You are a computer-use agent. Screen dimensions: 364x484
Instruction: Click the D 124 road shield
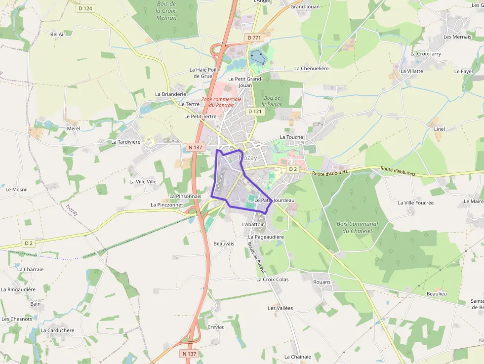[x=85, y=8]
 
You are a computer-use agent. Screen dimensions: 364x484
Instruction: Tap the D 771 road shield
[x=254, y=38]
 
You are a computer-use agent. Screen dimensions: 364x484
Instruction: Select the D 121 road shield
[x=254, y=111]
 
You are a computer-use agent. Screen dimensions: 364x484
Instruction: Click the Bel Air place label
[x=58, y=34]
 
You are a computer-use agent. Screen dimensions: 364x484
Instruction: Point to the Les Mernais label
[x=457, y=37]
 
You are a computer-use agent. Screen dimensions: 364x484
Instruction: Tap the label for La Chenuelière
[x=311, y=69]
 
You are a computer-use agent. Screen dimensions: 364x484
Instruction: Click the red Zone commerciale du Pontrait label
[x=221, y=102]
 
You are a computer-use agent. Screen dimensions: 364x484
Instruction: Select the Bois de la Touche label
[x=272, y=101]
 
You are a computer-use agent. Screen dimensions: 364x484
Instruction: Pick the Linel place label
[x=439, y=129]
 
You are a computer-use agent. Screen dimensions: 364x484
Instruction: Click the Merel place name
[x=73, y=128]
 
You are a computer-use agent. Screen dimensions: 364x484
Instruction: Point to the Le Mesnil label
[x=16, y=189]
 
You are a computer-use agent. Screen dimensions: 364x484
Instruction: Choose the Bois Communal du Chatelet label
[x=357, y=227]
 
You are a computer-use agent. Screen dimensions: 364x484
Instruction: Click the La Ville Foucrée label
[x=415, y=202]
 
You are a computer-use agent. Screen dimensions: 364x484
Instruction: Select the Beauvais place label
[x=224, y=244]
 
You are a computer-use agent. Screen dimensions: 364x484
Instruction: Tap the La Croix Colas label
[x=276, y=280]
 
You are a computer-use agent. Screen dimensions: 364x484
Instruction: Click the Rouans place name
[x=322, y=282]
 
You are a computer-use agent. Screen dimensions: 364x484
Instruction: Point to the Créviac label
[x=216, y=327]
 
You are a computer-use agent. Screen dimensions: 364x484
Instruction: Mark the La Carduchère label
[x=57, y=330]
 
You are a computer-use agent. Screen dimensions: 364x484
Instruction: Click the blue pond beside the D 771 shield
[x=257, y=57]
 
